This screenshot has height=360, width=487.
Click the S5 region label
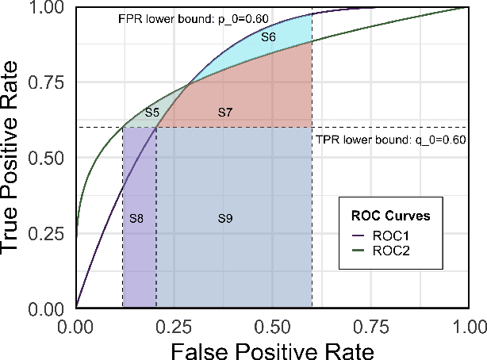pos(152,113)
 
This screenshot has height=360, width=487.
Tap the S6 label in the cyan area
pos(269,37)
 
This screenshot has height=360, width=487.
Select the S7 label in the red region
pos(224,113)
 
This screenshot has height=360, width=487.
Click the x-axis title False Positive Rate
pos(272,347)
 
